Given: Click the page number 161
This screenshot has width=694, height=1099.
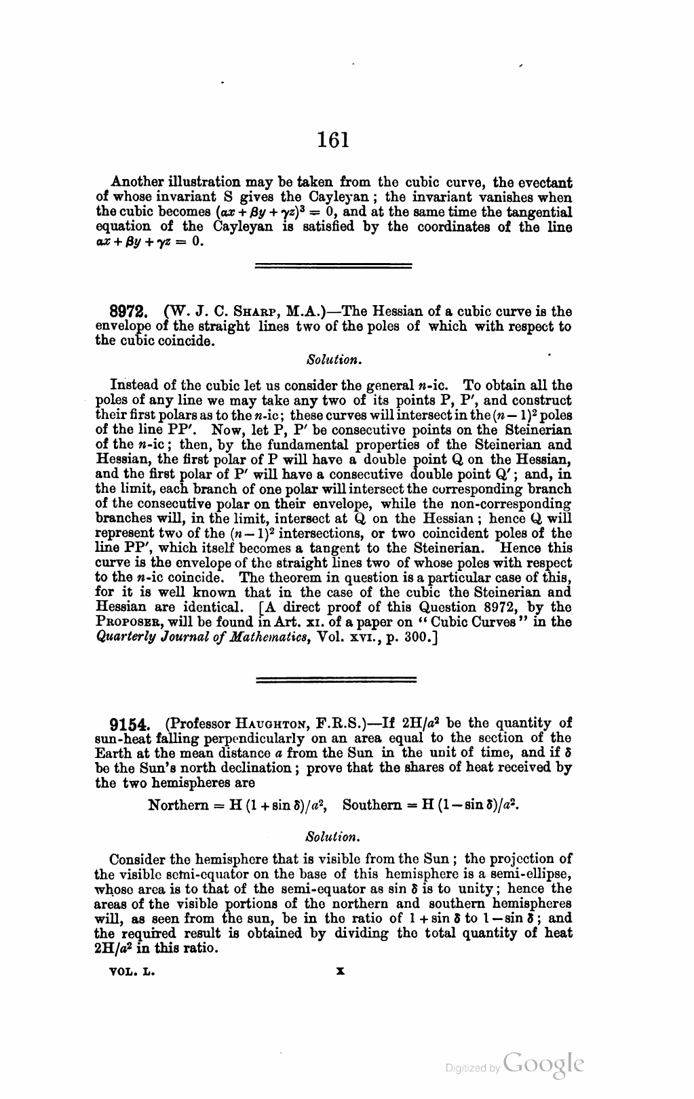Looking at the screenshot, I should pos(332,140).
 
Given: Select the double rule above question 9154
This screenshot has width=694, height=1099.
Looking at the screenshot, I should pos(336,679).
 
